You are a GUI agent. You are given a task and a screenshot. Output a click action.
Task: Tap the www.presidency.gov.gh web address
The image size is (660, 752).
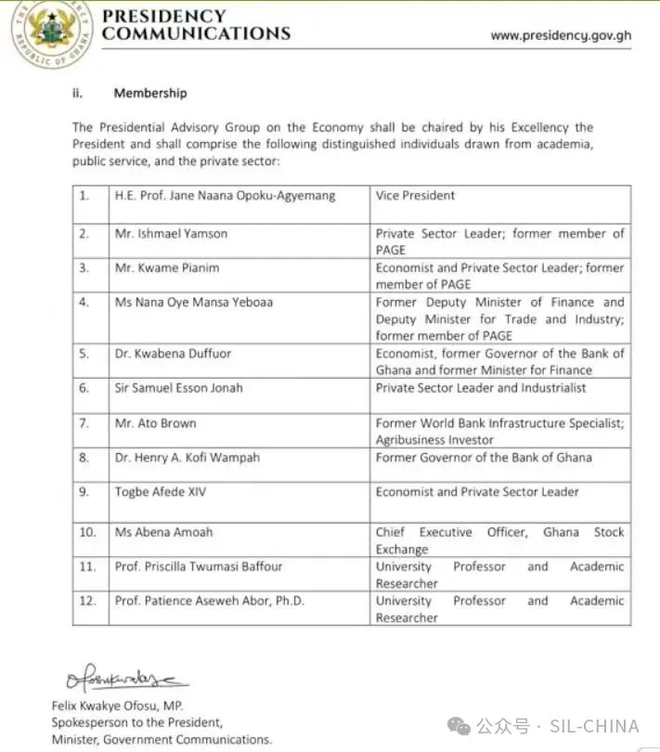(561, 35)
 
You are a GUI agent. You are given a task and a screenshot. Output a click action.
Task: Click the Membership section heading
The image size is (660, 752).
(149, 93)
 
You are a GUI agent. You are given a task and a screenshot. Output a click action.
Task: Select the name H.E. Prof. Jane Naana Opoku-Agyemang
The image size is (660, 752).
(225, 196)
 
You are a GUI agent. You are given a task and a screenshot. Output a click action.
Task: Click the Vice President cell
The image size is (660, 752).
(402, 196)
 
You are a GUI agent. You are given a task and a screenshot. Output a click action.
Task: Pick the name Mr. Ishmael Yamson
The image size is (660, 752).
(171, 234)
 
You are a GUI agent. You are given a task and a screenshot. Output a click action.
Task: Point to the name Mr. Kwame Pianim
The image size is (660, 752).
(166, 267)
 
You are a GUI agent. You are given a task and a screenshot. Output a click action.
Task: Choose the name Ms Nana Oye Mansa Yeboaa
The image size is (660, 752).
(194, 303)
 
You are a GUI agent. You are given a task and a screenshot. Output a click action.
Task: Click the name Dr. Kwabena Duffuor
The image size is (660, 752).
(174, 354)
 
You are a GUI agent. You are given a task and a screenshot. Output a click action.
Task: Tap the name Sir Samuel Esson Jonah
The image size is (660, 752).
(178, 388)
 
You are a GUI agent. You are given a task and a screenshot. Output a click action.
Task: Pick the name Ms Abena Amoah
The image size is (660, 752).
(163, 532)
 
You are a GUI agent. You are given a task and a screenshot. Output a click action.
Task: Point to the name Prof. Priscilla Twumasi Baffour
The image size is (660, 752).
(199, 566)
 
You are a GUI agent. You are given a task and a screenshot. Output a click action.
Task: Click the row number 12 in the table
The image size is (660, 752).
(87, 601)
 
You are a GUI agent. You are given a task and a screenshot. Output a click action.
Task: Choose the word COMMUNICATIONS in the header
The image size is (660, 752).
(196, 33)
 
